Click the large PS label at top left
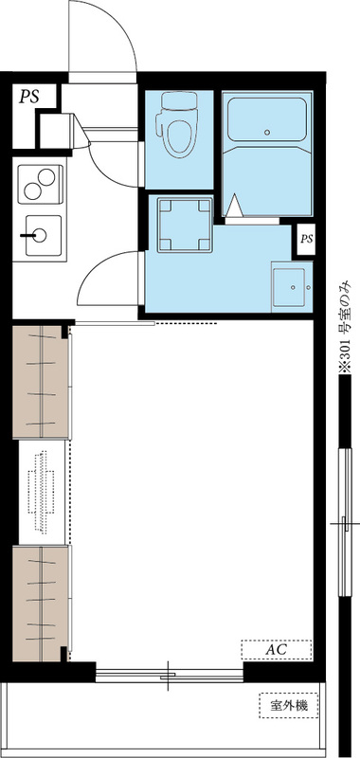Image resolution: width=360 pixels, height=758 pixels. pos(28,97)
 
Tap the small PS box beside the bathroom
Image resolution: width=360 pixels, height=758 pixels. pos(307,240)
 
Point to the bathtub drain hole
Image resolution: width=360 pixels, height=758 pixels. pos(267,132)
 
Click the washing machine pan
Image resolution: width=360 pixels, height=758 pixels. pos(185,225)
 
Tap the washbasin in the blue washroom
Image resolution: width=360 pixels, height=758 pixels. pos(291,287)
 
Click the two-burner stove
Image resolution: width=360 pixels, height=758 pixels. pos(40,184)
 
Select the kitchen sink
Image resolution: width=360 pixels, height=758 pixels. pos(43,235)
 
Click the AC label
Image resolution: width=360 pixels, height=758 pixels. pos(277,650)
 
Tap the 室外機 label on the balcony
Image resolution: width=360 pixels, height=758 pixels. pos(289,705)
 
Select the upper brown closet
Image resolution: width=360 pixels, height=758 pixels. pos(40,383)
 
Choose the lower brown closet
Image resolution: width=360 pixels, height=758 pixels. pos(40,604)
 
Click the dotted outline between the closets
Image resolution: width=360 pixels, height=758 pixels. pos(41,492)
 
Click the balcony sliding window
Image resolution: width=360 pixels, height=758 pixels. pos(170,676)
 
